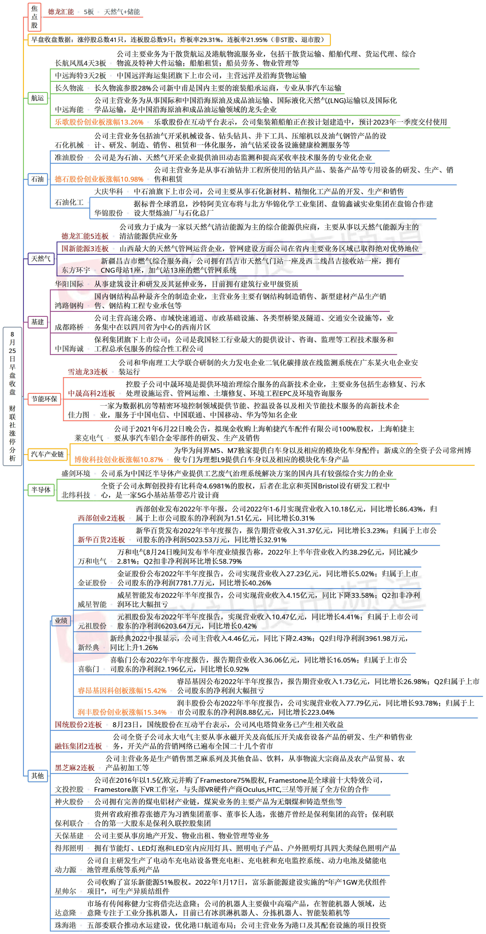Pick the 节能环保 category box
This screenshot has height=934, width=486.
44,399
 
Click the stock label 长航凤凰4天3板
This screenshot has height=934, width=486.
80,63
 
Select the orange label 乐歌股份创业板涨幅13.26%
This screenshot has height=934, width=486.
99,122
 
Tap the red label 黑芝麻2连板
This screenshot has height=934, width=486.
75,768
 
